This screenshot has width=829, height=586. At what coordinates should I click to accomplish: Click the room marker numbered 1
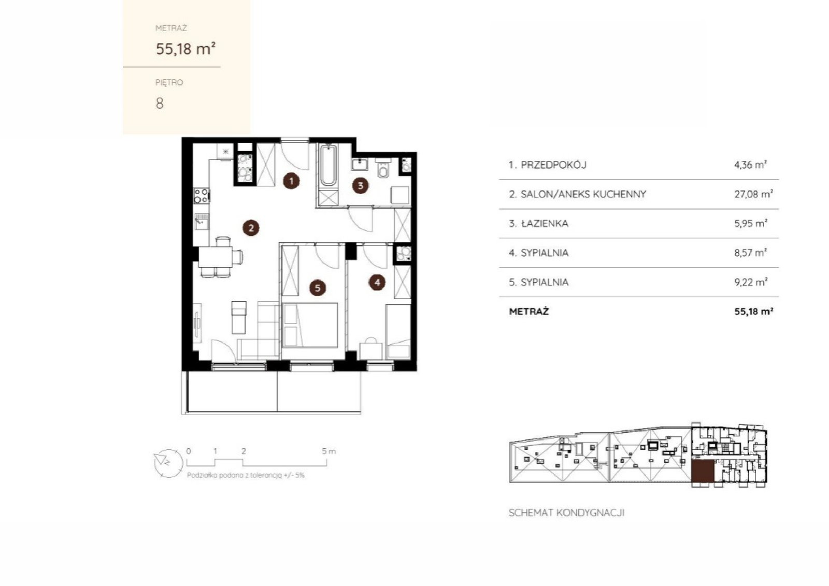291,181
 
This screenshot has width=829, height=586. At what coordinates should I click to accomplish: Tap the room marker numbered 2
251,228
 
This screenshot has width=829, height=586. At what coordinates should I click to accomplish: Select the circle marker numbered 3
361,186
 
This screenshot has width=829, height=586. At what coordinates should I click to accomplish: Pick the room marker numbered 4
377,283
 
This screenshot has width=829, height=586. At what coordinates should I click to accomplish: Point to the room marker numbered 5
318,288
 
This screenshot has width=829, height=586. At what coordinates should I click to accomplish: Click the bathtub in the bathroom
328,166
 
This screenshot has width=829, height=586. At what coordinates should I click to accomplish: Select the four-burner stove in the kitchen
202,196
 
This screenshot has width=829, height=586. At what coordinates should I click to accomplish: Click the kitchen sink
202,222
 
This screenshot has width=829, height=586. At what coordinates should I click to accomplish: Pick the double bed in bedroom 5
310,325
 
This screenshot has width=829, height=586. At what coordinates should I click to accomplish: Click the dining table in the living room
216,257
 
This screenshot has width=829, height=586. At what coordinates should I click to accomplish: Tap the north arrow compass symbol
168,463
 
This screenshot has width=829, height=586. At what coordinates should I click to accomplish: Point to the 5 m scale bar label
328,451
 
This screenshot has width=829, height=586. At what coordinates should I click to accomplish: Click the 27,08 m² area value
753,194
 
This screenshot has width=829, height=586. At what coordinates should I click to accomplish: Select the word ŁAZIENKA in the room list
545,223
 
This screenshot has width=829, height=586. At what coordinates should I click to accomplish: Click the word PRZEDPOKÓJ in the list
553,165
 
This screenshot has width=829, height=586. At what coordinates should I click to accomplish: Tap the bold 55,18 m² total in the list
753,311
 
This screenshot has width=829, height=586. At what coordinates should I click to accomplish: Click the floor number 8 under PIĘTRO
160,104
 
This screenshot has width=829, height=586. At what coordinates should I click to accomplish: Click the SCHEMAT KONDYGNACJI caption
567,513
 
